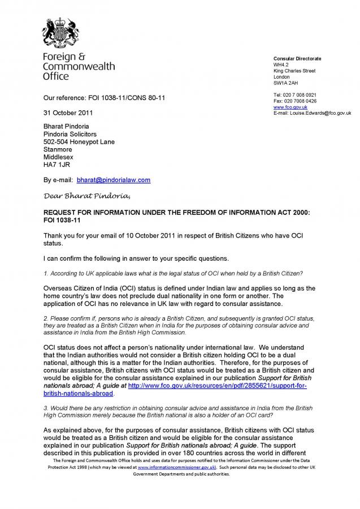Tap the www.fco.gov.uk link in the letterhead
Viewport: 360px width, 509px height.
pos(286,107)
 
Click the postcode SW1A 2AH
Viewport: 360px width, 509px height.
pos(285,83)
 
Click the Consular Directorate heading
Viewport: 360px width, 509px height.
pos(297,58)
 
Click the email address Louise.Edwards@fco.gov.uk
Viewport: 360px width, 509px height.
pos(320,113)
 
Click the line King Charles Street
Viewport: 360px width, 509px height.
pos(294,71)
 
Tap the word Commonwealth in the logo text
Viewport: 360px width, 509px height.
pos(79,66)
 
